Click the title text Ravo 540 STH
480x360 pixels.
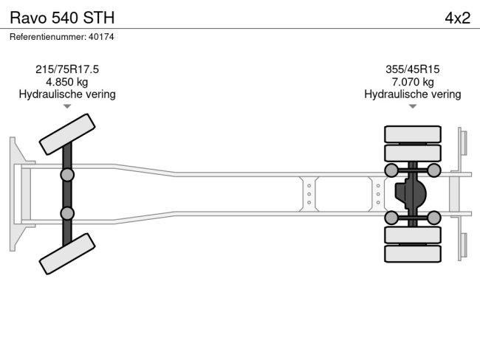click(x=62, y=18)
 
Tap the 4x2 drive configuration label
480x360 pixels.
click(x=457, y=18)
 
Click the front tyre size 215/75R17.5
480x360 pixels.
click(x=67, y=69)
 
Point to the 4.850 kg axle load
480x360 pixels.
click(x=67, y=82)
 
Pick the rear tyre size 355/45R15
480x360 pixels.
click(x=412, y=69)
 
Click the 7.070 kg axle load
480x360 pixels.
click(x=412, y=82)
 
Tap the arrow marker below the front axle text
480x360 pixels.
click(x=67, y=106)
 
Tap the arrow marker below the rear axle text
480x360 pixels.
click(x=412, y=106)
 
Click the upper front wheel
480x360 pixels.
click(x=67, y=134)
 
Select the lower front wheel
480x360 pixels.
click(x=67, y=254)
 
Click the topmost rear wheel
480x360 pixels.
click(x=412, y=134)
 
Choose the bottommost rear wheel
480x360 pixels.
click(x=412, y=253)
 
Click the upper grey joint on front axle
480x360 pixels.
click(x=67, y=175)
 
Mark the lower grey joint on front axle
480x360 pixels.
click(x=67, y=213)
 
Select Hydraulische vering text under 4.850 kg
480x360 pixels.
click(x=67, y=94)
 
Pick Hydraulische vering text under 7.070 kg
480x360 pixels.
click(x=412, y=94)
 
